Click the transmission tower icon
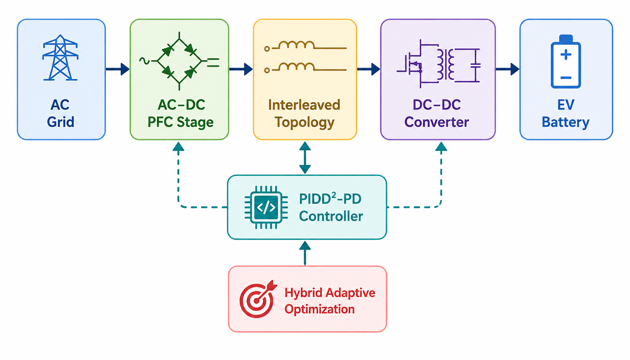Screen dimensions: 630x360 [x=60, y=58]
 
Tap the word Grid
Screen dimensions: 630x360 [x=60, y=122]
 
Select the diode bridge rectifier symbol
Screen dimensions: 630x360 [x=180, y=61]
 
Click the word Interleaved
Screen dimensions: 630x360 [x=304, y=105]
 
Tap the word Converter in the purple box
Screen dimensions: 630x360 [x=436, y=122]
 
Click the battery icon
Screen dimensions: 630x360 [x=566, y=62]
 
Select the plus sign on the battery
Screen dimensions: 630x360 [x=566, y=55]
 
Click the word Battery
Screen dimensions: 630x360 [x=565, y=122]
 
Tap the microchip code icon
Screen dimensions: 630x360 [x=266, y=207]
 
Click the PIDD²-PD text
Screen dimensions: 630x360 [x=330, y=199]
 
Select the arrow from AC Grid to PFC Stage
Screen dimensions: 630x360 [x=118, y=69]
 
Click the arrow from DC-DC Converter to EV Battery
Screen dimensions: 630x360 [x=507, y=69]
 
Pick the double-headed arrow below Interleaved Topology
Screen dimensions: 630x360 [x=305, y=158]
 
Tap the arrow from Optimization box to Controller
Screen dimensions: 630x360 [x=305, y=253]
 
